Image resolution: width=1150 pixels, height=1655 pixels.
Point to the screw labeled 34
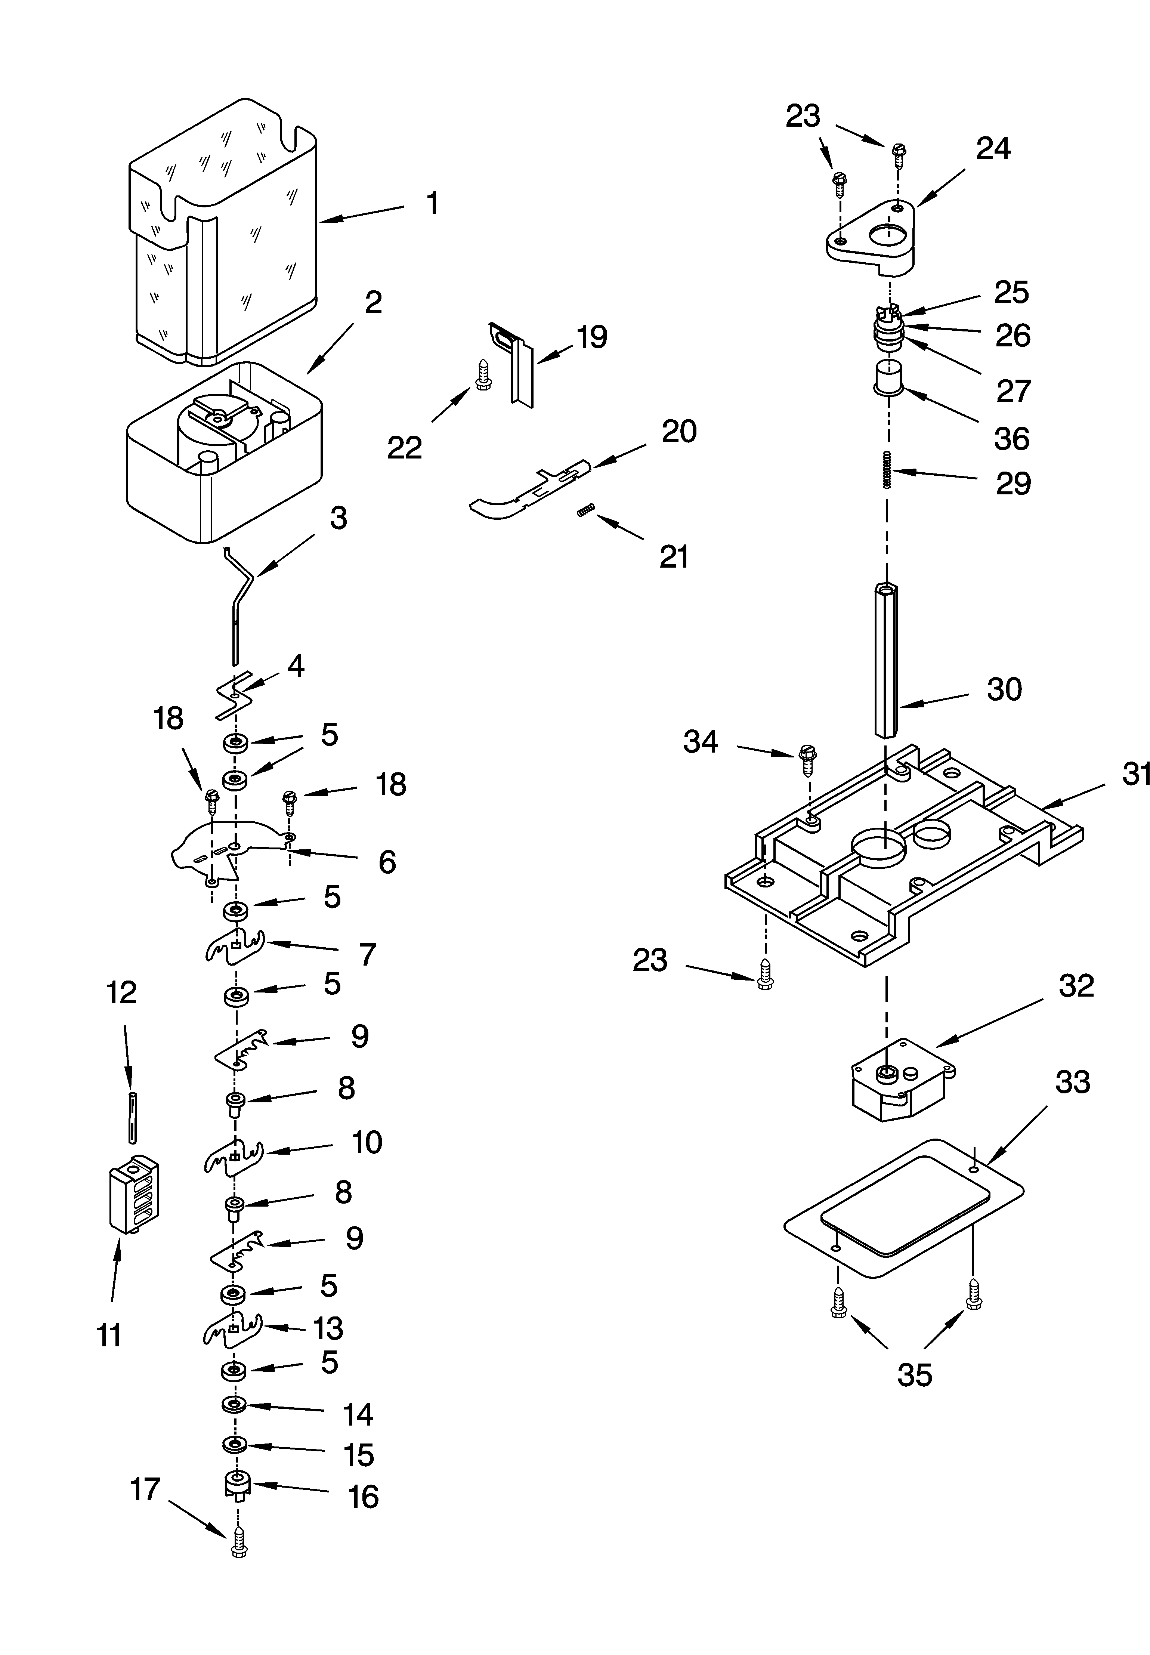[x=807, y=759]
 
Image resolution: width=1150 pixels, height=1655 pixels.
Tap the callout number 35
[x=914, y=1375]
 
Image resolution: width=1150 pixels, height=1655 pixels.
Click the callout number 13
[x=328, y=1328]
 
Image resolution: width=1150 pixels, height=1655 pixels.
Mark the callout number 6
[x=387, y=862]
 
